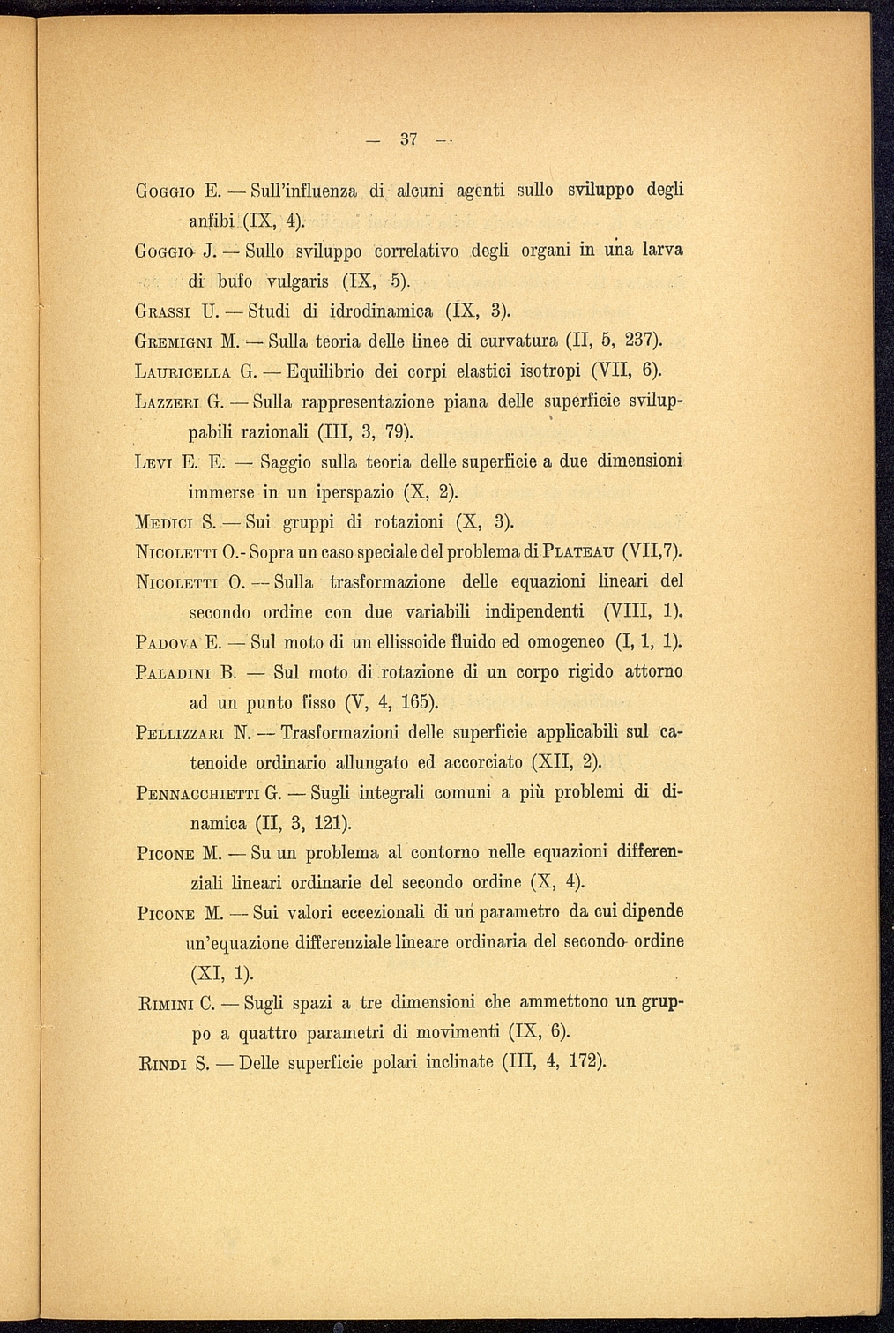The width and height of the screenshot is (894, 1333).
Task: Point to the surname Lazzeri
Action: (170, 402)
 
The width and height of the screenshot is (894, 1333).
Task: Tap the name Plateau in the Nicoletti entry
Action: (575, 552)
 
